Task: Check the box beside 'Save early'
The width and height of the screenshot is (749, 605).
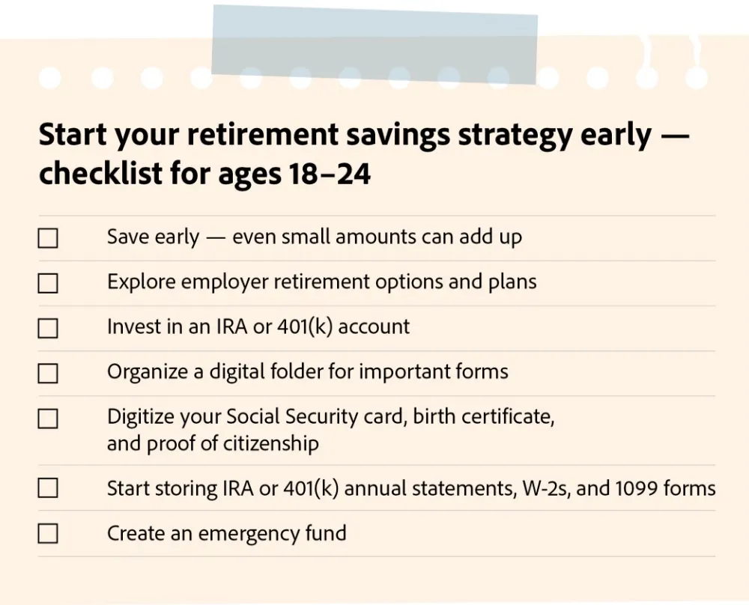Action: (x=48, y=238)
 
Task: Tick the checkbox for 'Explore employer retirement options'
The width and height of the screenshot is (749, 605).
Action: (x=48, y=283)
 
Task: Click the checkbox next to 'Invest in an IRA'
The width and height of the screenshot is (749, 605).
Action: (x=48, y=328)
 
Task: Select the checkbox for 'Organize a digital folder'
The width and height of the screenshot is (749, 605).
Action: (x=48, y=374)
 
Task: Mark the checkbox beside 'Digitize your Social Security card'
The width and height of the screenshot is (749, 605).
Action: (x=48, y=419)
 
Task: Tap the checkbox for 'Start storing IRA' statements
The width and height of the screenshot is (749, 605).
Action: (x=48, y=488)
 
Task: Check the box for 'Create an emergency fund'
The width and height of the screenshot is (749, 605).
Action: (x=48, y=533)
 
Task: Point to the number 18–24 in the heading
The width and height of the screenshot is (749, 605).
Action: (x=330, y=173)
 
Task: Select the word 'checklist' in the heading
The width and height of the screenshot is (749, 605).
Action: (x=101, y=173)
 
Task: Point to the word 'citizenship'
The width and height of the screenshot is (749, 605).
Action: (x=271, y=444)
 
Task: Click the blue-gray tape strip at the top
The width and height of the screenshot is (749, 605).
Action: (x=374, y=45)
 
